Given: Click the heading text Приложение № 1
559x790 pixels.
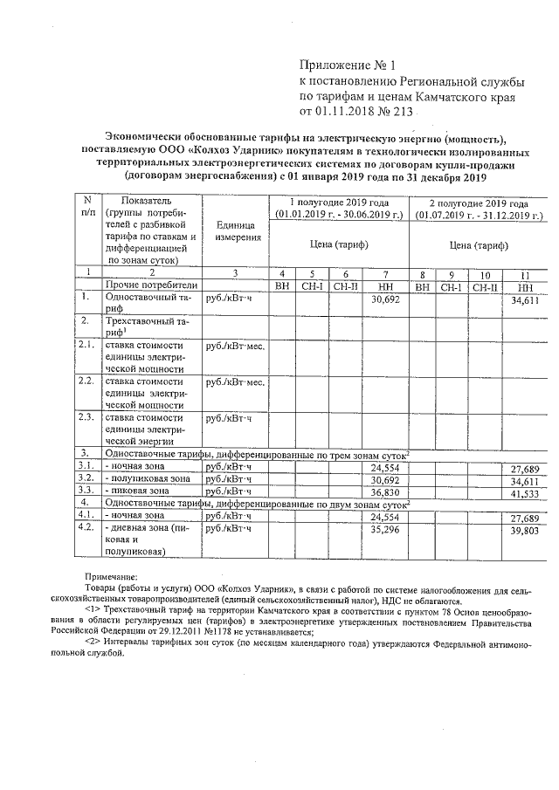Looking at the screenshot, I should point(348,65).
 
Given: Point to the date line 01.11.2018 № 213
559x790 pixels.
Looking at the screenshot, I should point(362,113).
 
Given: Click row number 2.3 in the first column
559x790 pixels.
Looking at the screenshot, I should point(86,416).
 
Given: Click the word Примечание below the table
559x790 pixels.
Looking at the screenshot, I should point(110,578).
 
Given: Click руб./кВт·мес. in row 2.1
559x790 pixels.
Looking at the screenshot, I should point(234,347).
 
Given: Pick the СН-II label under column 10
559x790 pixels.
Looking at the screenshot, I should point(486,285).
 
